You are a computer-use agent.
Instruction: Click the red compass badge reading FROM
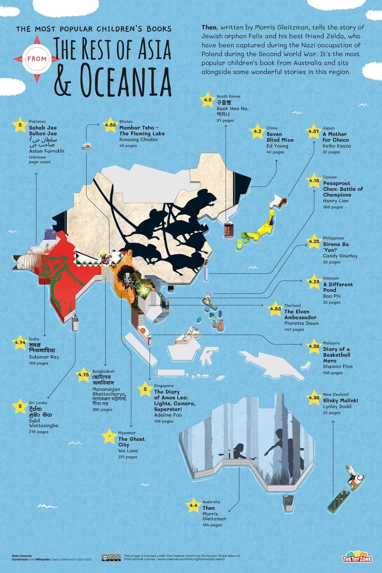pyautogui.click(x=37, y=58)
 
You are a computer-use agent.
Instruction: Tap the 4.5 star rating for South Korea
pyautogui.click(x=208, y=100)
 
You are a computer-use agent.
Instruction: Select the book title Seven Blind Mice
pyautogui.click(x=280, y=137)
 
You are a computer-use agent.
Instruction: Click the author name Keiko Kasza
pyautogui.click(x=336, y=146)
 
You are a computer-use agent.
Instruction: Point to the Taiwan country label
pyautogui.click(x=330, y=177)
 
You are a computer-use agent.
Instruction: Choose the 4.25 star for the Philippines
pyautogui.click(x=314, y=242)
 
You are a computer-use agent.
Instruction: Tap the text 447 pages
pyautogui.click(x=294, y=329)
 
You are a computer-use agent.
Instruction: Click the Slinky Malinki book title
pyautogui.click(x=340, y=400)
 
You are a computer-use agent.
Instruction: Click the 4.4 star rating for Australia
pyautogui.click(x=194, y=505)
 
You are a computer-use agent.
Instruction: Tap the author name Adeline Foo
pyautogui.click(x=168, y=415)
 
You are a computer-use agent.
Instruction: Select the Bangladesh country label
pyautogui.click(x=103, y=371)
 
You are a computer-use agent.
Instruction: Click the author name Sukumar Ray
pyautogui.click(x=44, y=357)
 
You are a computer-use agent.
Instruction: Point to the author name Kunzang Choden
pyautogui.click(x=138, y=140)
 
